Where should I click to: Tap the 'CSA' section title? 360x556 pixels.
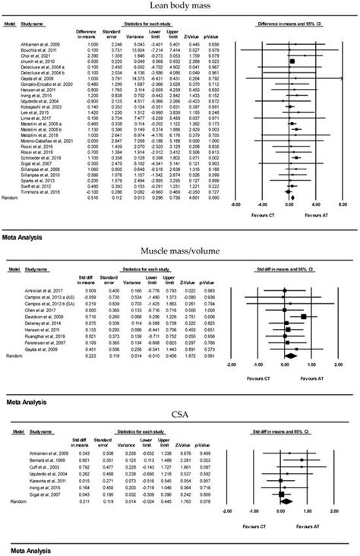pyautogui.click(x=180, y=412)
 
